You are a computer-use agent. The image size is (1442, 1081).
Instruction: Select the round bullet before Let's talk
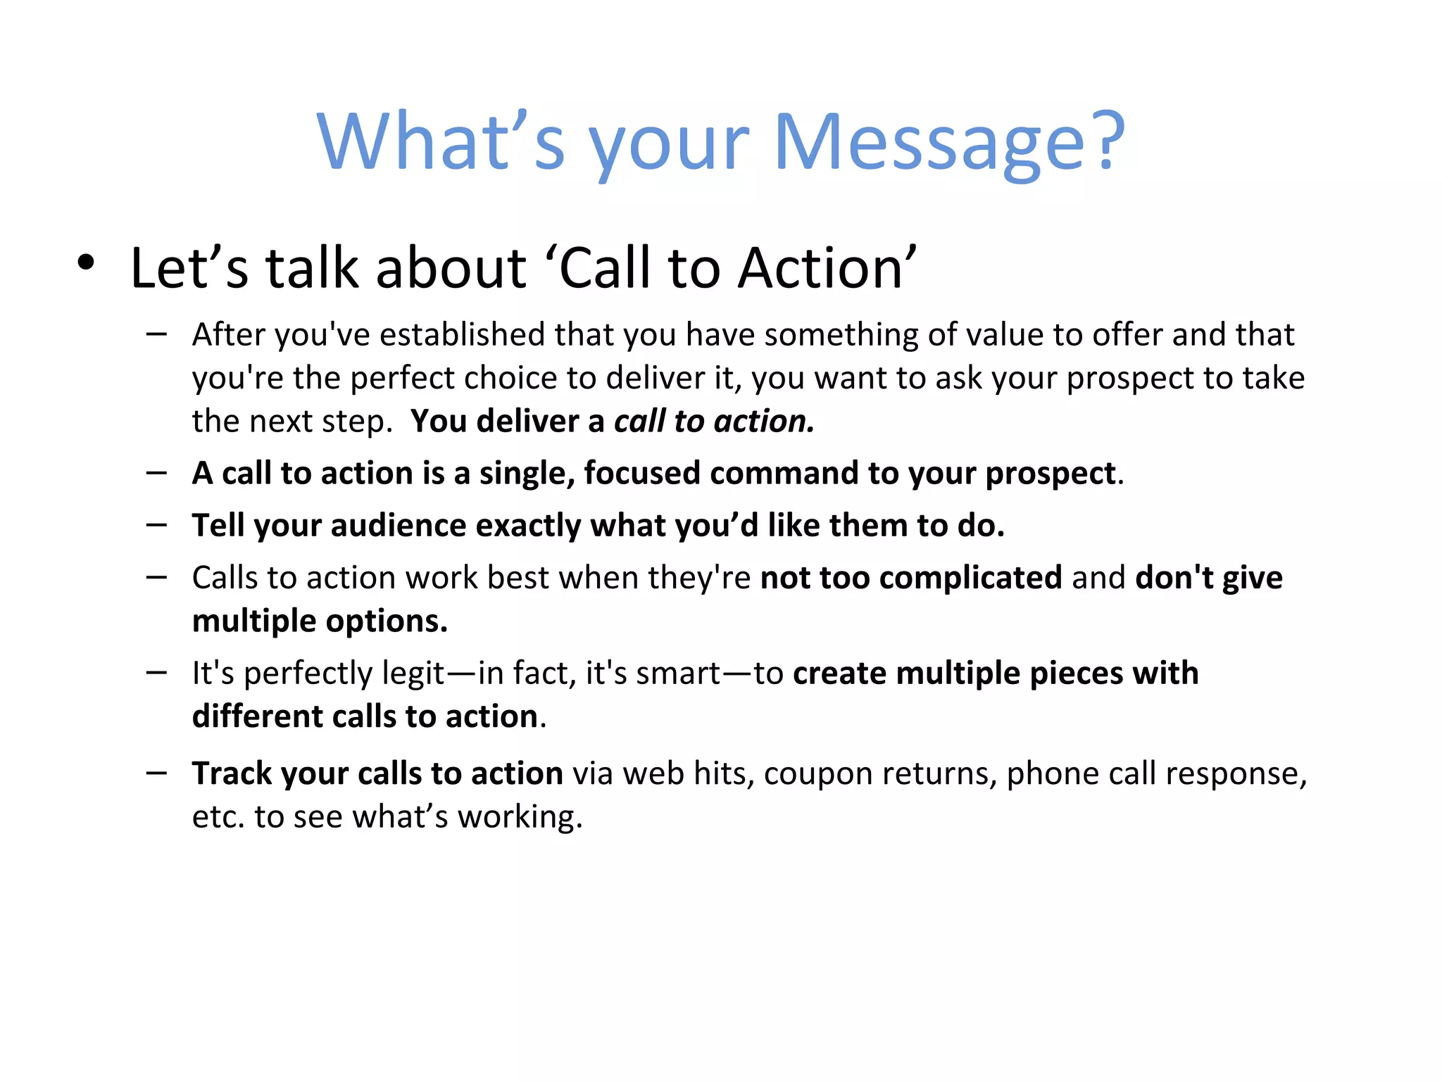click(86, 263)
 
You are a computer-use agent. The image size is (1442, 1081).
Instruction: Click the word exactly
click(528, 526)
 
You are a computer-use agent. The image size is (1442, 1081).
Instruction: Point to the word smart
click(678, 674)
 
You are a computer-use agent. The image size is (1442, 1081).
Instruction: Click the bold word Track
click(232, 773)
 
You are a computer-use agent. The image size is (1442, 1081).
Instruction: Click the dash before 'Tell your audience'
click(156, 525)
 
